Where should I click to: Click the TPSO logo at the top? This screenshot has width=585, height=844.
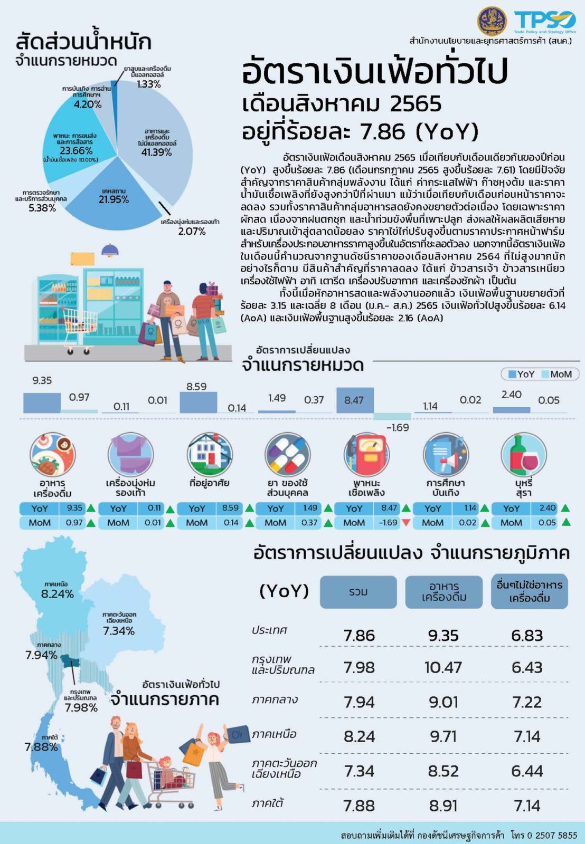pos(544,22)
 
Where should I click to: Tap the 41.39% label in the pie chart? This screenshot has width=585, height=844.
pos(156,152)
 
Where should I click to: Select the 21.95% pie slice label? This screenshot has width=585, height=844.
pos(114,199)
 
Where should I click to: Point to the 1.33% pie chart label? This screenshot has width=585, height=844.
pos(148,84)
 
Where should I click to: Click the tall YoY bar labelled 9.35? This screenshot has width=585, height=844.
pos(42,402)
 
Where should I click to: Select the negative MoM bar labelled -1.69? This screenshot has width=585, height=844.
pos(392,416)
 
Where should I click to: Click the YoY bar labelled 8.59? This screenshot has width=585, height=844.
pos(198,402)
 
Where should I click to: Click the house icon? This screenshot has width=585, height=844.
pos(209,454)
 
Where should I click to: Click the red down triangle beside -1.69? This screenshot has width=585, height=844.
pos(406,523)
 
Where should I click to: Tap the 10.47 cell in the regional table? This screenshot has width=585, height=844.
pos(443,668)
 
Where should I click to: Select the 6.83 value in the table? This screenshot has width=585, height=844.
pos(527,636)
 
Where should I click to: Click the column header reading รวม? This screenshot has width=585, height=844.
pos(358,592)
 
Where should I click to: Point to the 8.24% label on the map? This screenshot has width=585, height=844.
pos(57,594)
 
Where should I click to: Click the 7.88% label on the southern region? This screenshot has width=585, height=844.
pos(41,747)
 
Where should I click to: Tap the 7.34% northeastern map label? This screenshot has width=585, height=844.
pos(119,631)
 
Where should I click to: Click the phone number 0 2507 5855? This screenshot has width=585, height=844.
pos(552,836)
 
